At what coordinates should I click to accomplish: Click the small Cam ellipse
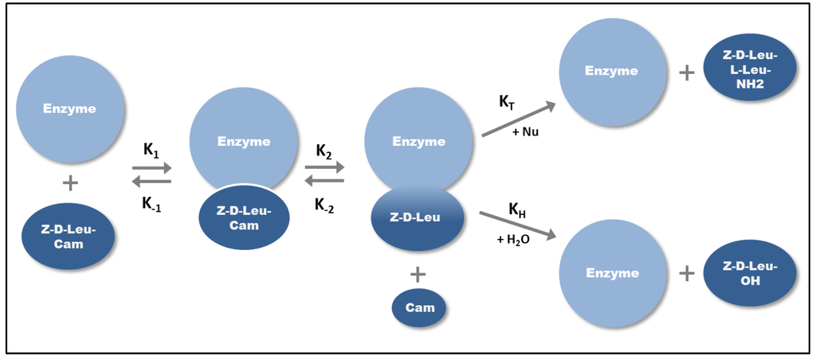click(x=418, y=307)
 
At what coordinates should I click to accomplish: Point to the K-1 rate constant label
click(x=151, y=203)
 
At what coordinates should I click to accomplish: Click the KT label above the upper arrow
click(x=508, y=102)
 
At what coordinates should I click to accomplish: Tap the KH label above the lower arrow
click(x=518, y=209)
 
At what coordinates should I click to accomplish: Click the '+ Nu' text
click(x=524, y=131)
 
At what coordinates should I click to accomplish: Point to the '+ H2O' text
click(x=512, y=240)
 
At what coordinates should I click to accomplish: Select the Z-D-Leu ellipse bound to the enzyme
click(x=418, y=218)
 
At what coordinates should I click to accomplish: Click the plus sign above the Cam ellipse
click(x=418, y=274)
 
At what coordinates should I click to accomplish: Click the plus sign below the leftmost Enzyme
click(x=70, y=183)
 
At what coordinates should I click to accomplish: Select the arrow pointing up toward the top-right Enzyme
click(x=518, y=119)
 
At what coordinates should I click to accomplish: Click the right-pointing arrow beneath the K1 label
click(x=151, y=168)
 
